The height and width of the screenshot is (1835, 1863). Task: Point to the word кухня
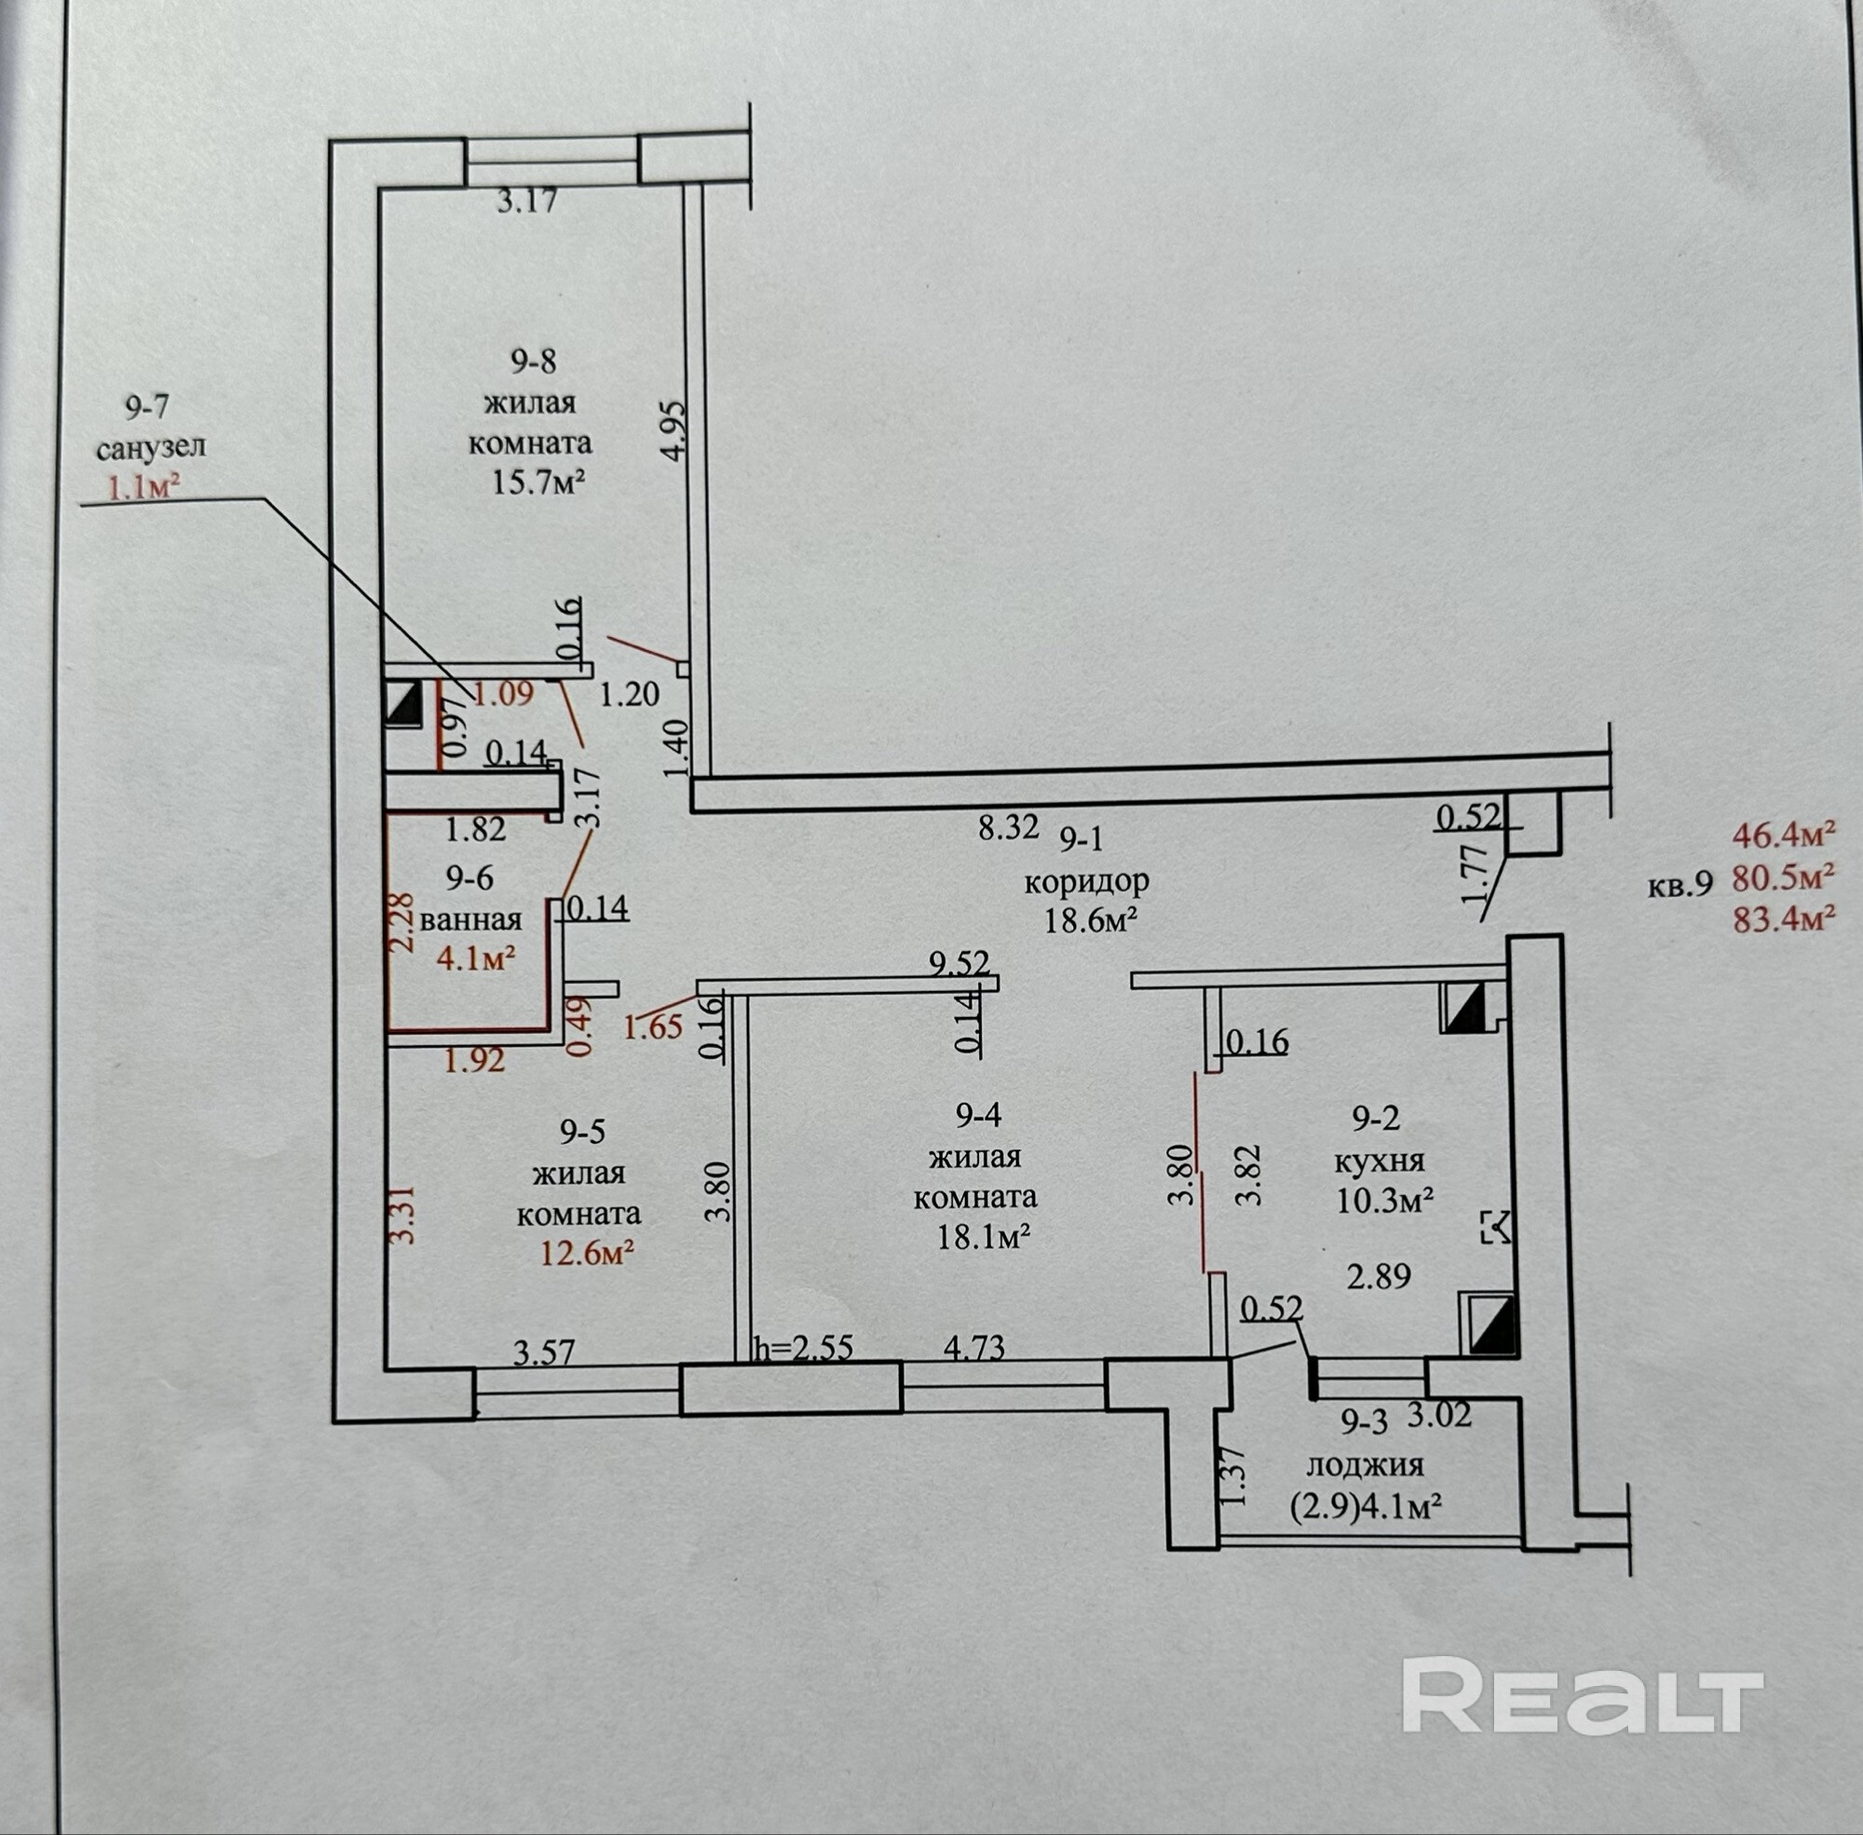1380,1161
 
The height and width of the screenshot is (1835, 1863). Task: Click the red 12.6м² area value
588,1253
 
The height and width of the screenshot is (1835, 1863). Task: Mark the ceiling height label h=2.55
803,1348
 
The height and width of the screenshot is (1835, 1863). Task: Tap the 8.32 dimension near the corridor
1008,827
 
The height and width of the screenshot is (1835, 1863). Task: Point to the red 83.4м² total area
1782,920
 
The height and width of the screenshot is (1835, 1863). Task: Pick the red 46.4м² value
1782,834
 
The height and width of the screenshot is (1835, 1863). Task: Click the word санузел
152,447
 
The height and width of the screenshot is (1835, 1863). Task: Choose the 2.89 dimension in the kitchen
1380,1278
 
